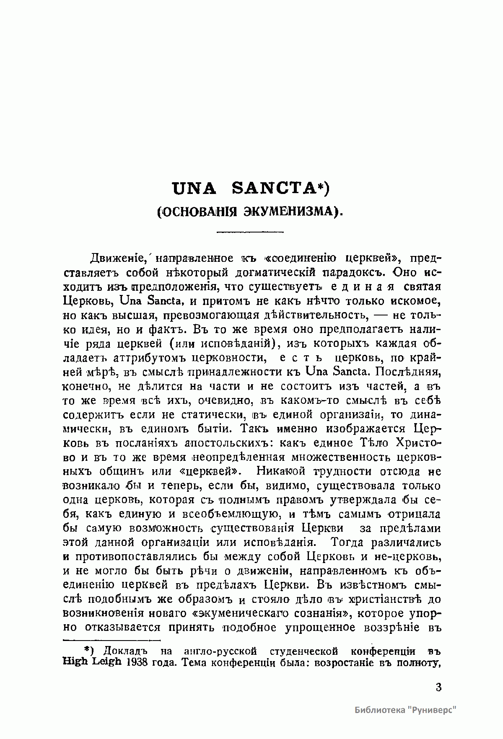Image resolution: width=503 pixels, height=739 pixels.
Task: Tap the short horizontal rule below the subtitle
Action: click(250, 231)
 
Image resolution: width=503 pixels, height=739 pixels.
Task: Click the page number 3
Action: click(438, 688)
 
